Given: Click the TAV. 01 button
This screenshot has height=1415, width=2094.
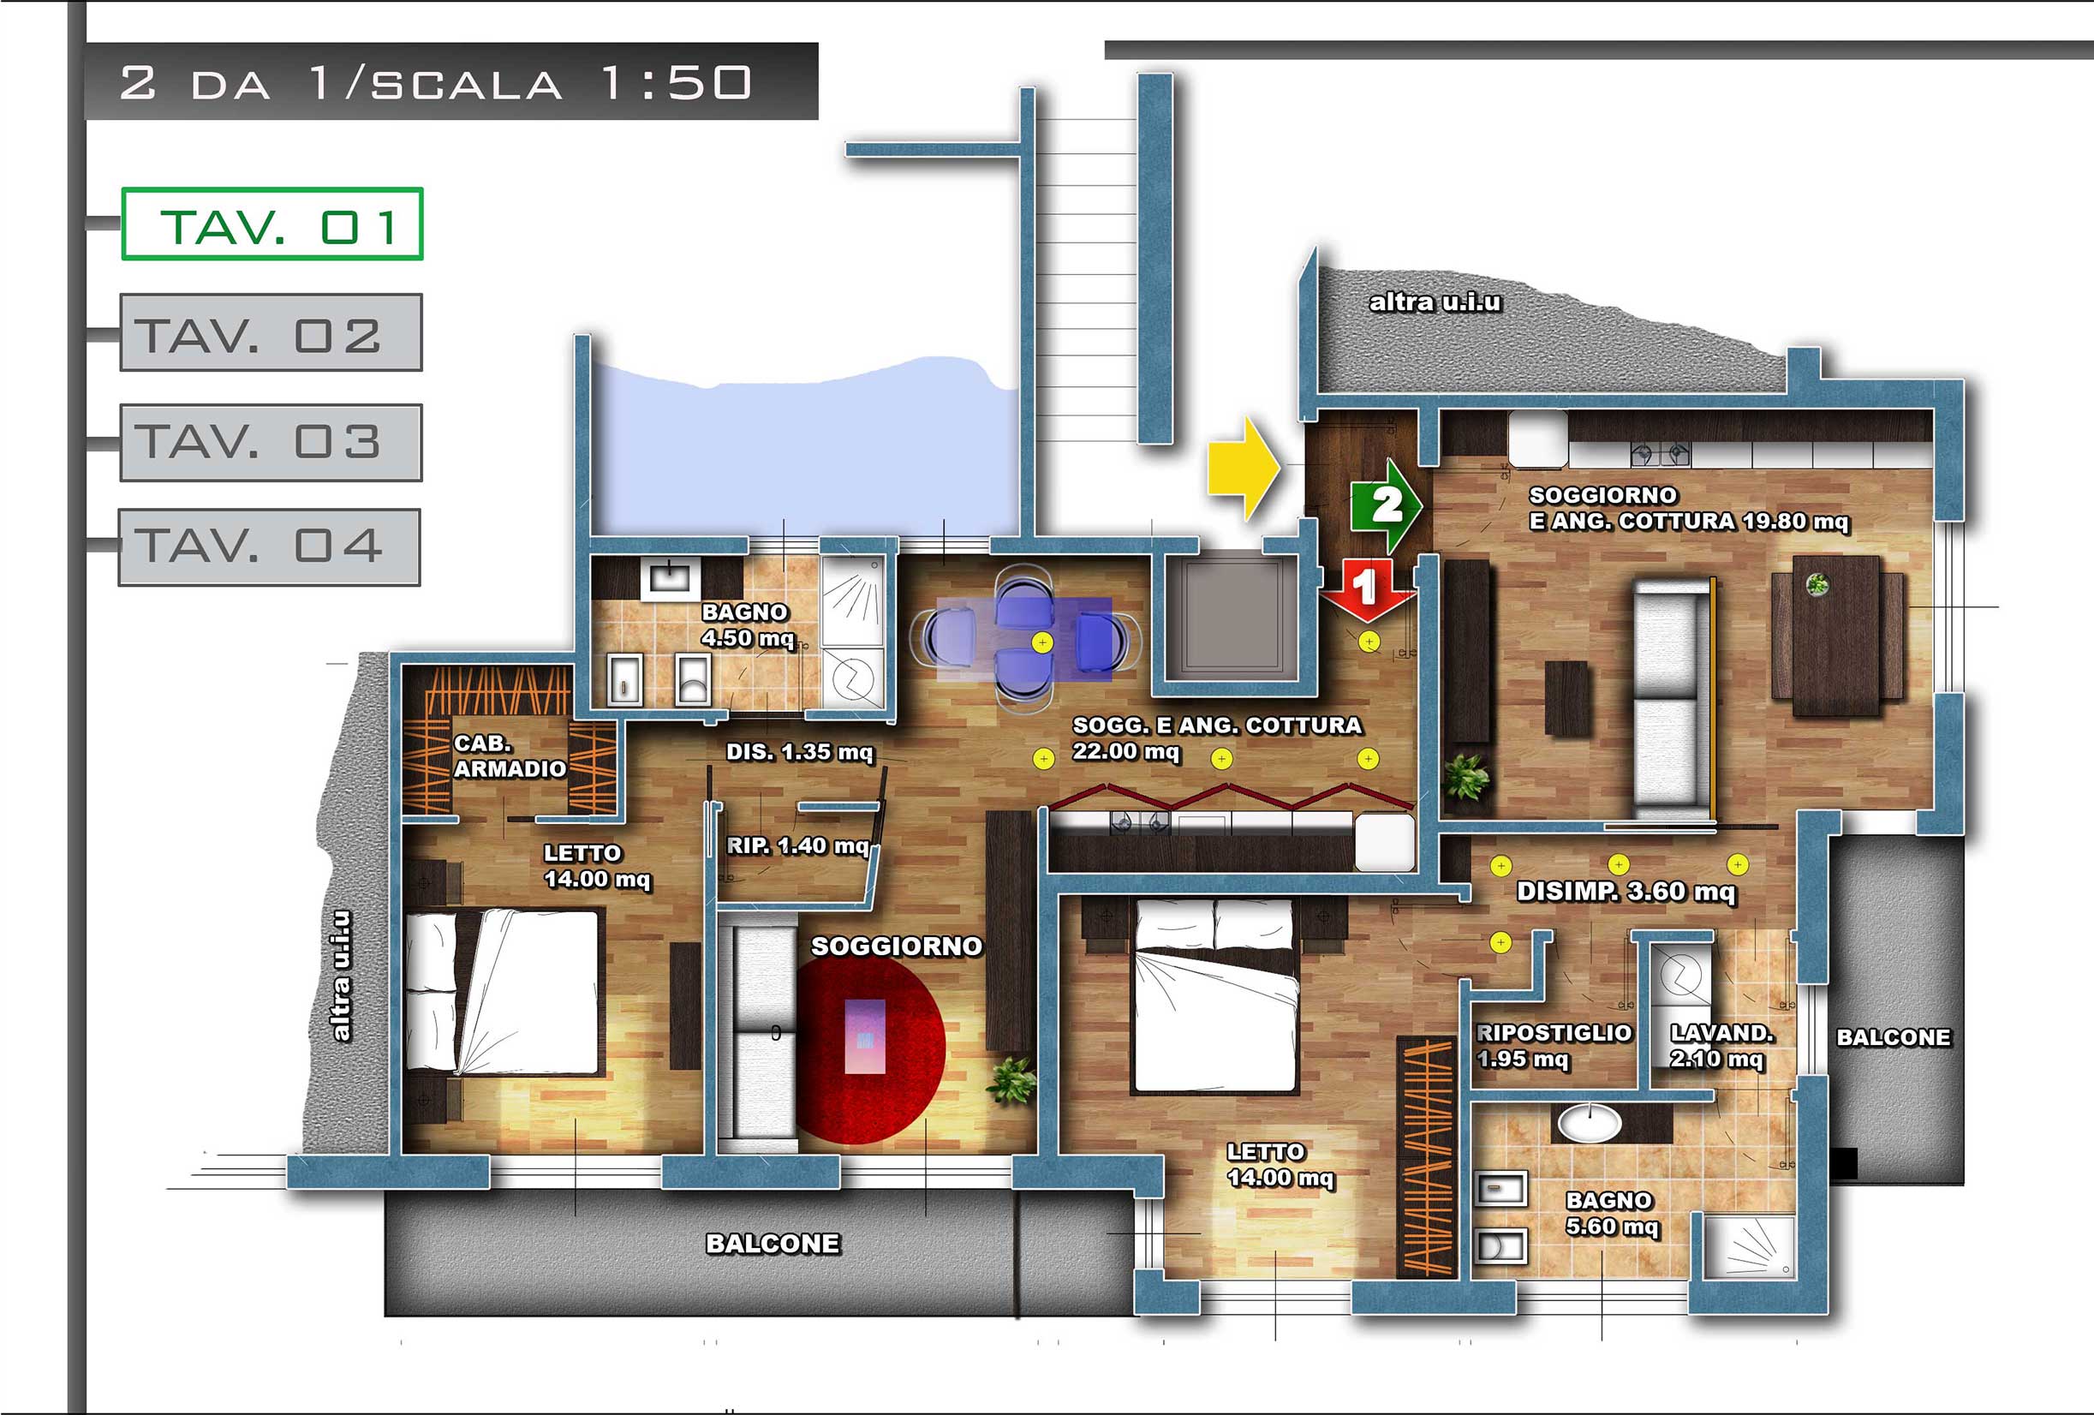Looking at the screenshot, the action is click(272, 224).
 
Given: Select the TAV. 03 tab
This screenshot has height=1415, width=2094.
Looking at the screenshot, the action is click(271, 443).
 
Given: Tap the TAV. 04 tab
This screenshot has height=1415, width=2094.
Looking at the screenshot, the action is click(270, 547).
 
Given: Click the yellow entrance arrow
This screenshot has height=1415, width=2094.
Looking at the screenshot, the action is click(1244, 469).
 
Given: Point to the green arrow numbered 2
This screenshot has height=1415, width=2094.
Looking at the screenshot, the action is click(1386, 505).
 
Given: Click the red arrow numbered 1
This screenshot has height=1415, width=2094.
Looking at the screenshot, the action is click(1367, 590).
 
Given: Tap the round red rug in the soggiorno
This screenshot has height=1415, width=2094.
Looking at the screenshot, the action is click(870, 1049).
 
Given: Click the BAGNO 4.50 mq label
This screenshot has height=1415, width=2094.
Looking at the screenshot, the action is click(748, 625).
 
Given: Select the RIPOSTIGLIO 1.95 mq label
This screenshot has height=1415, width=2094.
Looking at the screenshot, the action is click(1554, 1046).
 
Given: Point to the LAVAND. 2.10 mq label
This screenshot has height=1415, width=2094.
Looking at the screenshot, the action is click(1721, 1046).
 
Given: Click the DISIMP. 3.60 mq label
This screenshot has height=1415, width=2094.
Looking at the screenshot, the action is click(1626, 892).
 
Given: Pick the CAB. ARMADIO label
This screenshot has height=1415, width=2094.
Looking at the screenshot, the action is click(509, 756).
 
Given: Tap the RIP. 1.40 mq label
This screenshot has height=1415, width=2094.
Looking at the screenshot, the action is click(798, 845).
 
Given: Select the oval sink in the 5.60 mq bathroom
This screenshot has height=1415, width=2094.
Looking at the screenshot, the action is click(1590, 1123).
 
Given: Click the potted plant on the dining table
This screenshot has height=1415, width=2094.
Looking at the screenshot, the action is click(1817, 585).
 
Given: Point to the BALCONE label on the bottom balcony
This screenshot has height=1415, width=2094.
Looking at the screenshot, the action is click(773, 1244).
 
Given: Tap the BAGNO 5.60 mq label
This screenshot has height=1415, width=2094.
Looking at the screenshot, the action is click(1612, 1213).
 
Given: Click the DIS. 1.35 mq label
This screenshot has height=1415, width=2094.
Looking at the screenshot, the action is click(800, 752).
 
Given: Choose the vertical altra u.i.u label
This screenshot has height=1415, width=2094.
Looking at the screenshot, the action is click(341, 976).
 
